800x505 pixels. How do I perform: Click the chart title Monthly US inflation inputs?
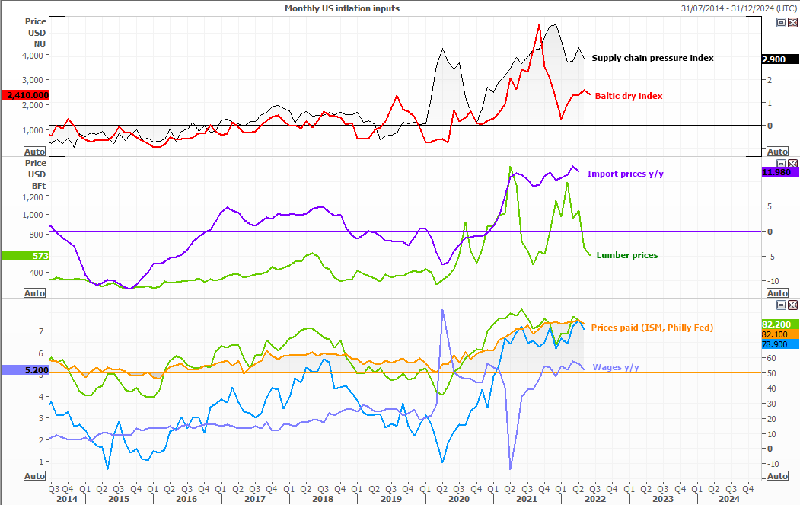(341, 8)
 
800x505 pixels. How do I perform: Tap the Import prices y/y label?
(625, 174)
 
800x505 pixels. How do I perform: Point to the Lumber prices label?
(627, 255)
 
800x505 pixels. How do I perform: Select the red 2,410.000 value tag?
(26, 95)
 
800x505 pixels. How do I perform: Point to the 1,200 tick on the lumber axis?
(34, 197)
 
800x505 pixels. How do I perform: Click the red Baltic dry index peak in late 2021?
(539, 25)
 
